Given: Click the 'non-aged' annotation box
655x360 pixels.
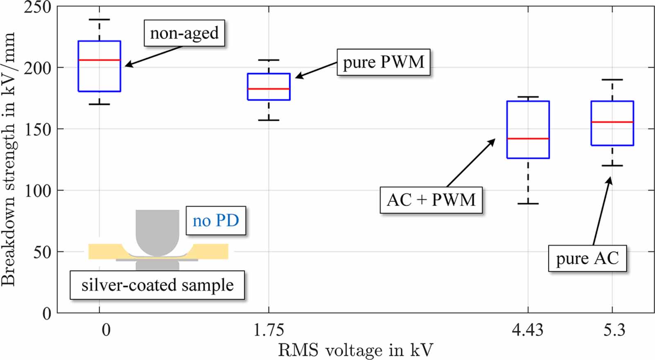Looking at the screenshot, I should click(x=184, y=33).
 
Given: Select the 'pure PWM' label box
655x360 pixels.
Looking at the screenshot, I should click(x=383, y=62).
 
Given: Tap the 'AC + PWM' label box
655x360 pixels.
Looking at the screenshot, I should click(x=431, y=200).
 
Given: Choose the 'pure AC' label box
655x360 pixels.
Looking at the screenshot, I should click(x=587, y=258).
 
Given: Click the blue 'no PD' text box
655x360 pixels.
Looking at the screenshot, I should click(x=216, y=221).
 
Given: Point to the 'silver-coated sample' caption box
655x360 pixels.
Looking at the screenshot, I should click(x=157, y=285).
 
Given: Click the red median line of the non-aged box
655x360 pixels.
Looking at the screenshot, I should click(x=99, y=60).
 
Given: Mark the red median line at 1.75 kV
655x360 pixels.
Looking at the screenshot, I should click(x=269, y=89).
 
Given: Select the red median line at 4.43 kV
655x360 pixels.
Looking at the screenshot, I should click(x=528, y=139).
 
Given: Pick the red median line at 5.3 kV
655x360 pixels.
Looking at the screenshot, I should click(x=612, y=122).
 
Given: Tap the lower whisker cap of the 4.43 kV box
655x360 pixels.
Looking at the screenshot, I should click(x=528, y=203).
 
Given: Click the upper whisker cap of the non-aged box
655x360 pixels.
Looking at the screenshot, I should click(x=99, y=20).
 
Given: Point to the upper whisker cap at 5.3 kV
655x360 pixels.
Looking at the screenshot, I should click(x=612, y=80).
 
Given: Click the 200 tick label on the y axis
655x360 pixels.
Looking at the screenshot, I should click(x=37, y=68).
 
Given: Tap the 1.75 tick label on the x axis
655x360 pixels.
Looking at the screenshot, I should click(x=269, y=330).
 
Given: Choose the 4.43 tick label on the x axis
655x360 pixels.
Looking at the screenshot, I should click(x=528, y=330).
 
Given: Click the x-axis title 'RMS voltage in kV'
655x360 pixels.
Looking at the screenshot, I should click(x=355, y=350).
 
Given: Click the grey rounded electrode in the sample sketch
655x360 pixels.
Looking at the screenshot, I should click(x=157, y=231).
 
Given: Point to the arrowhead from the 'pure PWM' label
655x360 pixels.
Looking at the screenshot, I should click(x=298, y=77).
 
